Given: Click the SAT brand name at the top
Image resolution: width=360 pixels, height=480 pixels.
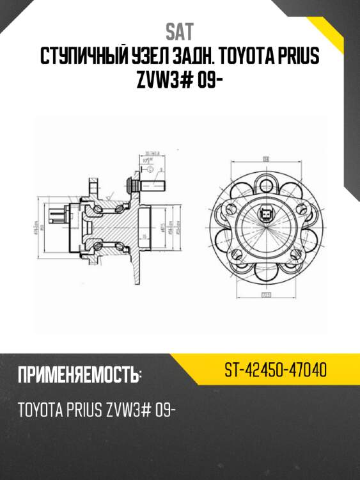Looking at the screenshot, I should pyautogui.click(x=180, y=31).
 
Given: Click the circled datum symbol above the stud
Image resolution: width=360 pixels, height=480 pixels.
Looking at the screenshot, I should pyautogui.click(x=148, y=169).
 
